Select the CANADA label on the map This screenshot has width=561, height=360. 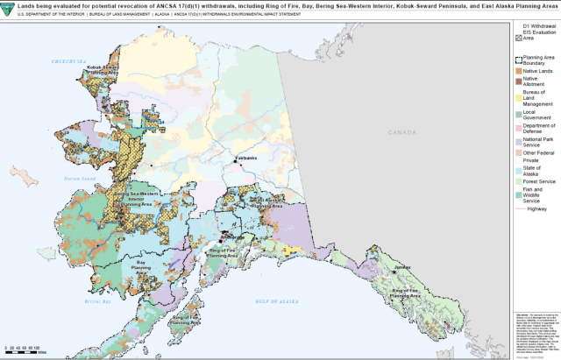point(402,132)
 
